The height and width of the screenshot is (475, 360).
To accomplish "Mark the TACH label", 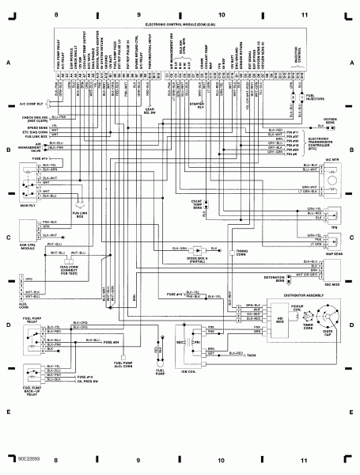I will [x=252, y=357].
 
